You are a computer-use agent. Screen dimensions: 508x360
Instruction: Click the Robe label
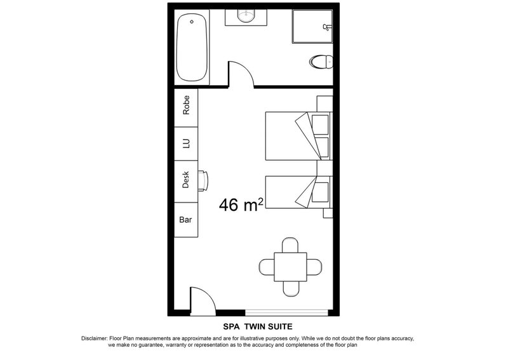(186, 105)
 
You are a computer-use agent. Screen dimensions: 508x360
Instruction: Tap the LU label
(186, 143)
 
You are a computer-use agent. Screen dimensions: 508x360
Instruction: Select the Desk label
(185, 180)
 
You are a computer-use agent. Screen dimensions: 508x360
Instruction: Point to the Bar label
(185, 220)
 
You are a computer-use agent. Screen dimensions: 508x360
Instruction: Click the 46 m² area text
(241, 205)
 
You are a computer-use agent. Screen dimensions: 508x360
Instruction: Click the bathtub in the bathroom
(192, 48)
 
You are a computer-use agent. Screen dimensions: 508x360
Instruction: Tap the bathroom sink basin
(246, 15)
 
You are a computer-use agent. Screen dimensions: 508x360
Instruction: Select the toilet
(321, 62)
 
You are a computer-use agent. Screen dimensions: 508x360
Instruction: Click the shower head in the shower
(327, 27)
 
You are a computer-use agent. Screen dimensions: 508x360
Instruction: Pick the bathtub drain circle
(192, 22)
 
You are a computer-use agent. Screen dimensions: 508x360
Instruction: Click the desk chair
(203, 181)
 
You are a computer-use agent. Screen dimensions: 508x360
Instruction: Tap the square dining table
(291, 267)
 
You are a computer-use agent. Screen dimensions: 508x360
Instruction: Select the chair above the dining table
(290, 245)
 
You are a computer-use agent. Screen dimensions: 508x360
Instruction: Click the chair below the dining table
(291, 289)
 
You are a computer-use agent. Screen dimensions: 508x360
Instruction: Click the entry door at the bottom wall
(203, 302)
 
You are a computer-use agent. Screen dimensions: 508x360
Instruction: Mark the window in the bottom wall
(287, 312)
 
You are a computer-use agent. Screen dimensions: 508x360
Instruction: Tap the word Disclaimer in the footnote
(94, 338)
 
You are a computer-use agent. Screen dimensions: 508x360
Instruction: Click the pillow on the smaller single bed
(320, 192)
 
